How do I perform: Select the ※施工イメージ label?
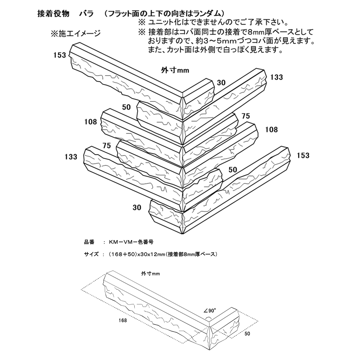pyautogui.click(x=75, y=34)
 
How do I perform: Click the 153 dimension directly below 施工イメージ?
pyautogui.click(x=59, y=55)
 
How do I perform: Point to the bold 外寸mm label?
pyautogui.click(x=174, y=70)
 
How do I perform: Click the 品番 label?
pyautogui.click(x=89, y=242)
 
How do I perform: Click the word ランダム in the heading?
pyautogui.click(x=206, y=13)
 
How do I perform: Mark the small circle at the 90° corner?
pyautogui.click(x=208, y=319)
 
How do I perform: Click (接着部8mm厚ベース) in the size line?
pyautogui.click(x=190, y=254)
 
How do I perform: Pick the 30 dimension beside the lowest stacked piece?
pyautogui.click(x=137, y=207)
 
